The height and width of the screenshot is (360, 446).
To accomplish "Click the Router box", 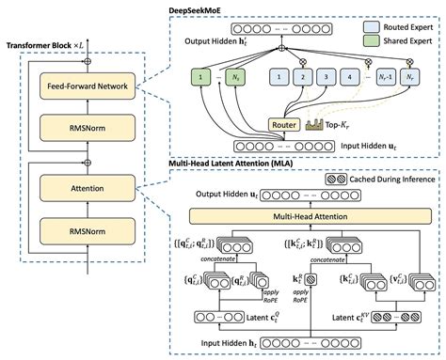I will coord(283,124).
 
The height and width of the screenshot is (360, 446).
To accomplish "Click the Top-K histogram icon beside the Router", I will coord(316,125).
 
